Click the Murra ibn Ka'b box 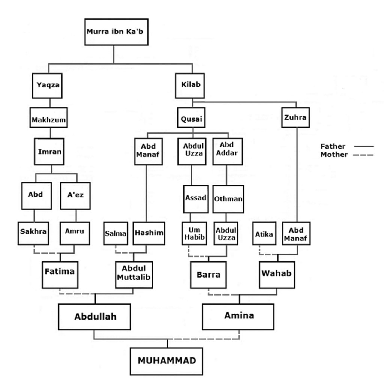[x=116, y=32]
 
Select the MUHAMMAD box [x=166, y=361]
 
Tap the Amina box [x=238, y=317]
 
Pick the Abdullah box [x=94, y=317]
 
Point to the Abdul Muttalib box [x=134, y=275]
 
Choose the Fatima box [x=60, y=275]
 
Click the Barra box [x=208, y=275]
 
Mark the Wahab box [x=277, y=275]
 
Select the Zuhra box [x=295, y=117]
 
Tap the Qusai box [x=191, y=117]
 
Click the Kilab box [x=190, y=86]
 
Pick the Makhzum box [x=49, y=117]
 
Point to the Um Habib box [x=194, y=233]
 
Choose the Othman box [x=228, y=199]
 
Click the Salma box [x=115, y=233]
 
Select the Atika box [x=264, y=233]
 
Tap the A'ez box [x=75, y=196]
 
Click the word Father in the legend [x=333, y=146]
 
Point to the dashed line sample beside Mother [x=363, y=155]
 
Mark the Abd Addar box [x=228, y=152]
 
